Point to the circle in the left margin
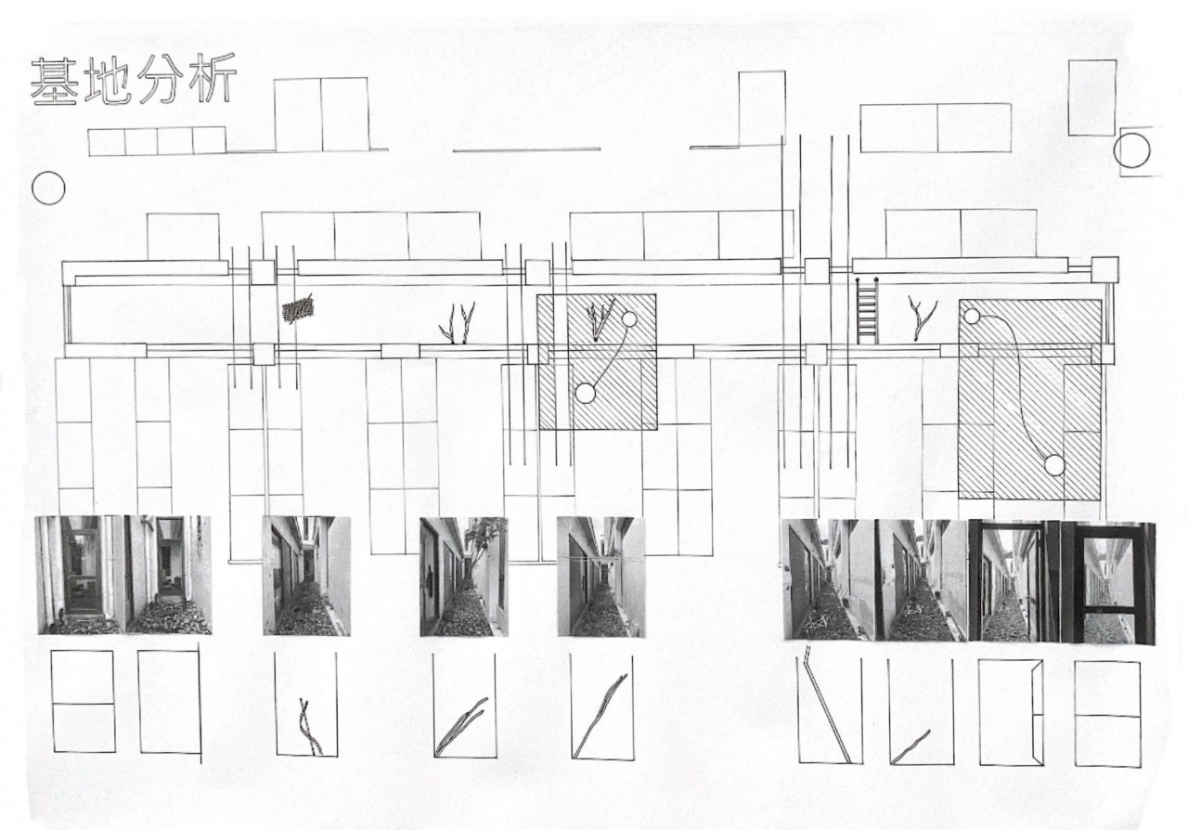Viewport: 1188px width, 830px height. (x=48, y=188)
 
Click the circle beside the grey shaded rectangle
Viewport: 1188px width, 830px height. (x=1131, y=150)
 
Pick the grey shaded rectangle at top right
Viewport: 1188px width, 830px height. (x=1092, y=97)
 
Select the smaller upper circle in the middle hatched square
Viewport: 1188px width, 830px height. (x=629, y=319)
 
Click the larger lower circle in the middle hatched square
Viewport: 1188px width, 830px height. (x=585, y=393)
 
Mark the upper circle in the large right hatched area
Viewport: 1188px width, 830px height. (x=972, y=317)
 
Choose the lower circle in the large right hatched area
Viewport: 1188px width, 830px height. (x=1053, y=465)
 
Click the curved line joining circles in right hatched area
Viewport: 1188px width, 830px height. (x=1016, y=381)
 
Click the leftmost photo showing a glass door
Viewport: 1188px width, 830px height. (x=80, y=576)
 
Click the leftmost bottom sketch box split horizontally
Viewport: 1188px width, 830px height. (x=84, y=701)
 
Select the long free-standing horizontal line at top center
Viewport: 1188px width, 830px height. (x=526, y=149)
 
